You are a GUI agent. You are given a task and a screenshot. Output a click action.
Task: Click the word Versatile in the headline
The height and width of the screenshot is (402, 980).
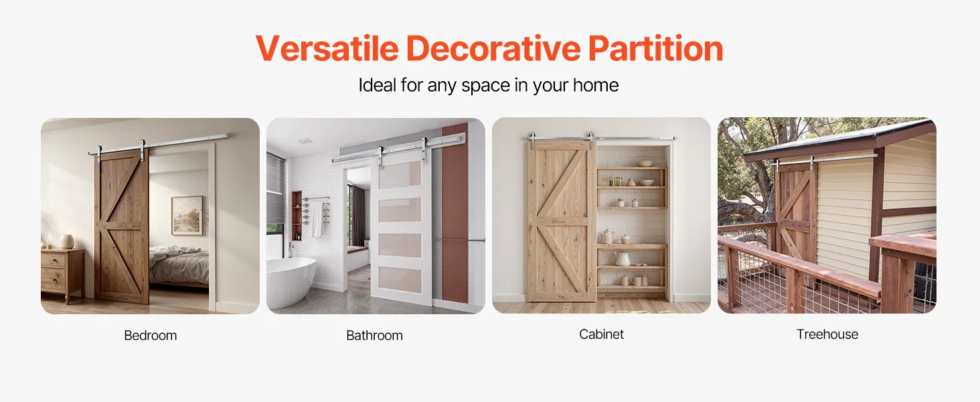pos(327,48)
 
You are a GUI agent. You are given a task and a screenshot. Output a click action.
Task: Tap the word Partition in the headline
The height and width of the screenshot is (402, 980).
pos(655,48)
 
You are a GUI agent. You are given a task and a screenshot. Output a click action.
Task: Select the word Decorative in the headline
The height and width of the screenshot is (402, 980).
pos(493,48)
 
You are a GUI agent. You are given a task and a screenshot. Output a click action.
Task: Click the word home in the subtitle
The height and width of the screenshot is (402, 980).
pos(596,85)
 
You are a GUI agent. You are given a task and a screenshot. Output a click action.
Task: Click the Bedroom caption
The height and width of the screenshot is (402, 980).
pos(151,336)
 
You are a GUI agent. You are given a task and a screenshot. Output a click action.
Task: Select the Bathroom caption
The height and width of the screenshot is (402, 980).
pos(374,336)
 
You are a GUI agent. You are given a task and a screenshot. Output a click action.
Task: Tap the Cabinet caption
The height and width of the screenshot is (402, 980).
pos(602,334)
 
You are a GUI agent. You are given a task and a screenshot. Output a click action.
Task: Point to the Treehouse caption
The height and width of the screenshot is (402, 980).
pos(827,334)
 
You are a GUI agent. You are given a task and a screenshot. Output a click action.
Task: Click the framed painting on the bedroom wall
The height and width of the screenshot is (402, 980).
pos(187,216)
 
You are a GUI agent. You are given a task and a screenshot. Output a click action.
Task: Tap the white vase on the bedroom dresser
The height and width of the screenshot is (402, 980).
pos(66,241)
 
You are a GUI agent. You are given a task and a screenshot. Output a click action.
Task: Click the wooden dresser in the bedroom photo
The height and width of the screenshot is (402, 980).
pos(62,275)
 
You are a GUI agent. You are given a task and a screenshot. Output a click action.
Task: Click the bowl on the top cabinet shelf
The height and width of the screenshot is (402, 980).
pos(645,163)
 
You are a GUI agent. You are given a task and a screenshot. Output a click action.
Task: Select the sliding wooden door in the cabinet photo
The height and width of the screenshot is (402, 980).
pos(562,221)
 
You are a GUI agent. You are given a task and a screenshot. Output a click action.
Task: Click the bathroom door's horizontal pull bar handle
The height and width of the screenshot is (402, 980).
pos(459,240)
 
